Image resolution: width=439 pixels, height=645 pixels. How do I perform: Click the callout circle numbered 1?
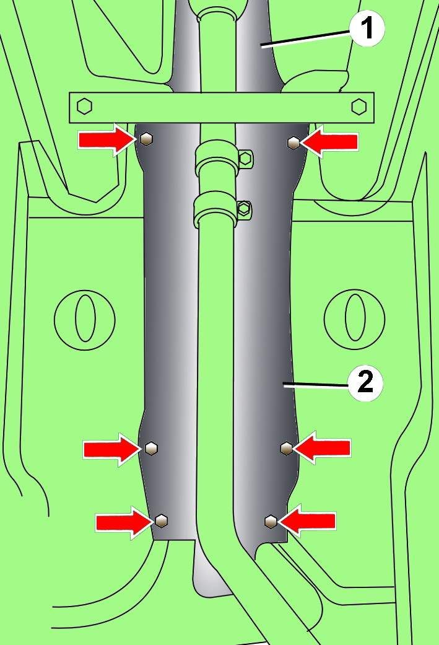click(367, 29)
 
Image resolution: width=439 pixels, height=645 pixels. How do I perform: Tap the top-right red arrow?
click(329, 143)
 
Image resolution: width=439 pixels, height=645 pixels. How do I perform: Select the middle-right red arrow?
click(322, 447)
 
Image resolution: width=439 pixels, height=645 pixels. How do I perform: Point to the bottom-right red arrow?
click(308, 521)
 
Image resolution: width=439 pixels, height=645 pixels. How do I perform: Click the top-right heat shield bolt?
click(293, 143)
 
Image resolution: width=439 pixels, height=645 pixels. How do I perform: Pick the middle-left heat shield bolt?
click(152, 447)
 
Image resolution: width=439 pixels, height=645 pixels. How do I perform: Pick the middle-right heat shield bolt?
click(286, 447)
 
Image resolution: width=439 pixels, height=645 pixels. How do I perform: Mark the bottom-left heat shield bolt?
click(162, 520)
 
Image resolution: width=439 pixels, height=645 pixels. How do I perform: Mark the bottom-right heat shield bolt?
click(271, 521)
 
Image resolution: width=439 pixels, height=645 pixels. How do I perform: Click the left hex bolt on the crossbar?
click(85, 106)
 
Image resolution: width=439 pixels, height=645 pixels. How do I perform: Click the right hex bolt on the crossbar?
click(358, 106)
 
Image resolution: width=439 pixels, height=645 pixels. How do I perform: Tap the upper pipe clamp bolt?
click(245, 159)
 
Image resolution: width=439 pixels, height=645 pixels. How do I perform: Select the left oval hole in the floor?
click(85, 317)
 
